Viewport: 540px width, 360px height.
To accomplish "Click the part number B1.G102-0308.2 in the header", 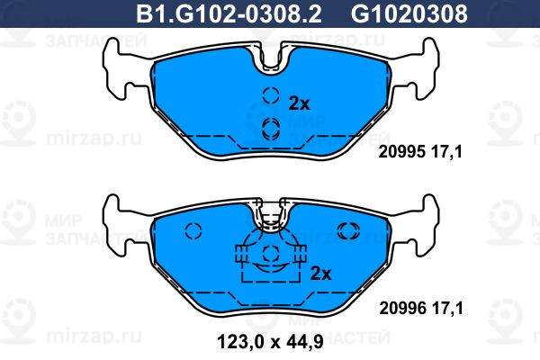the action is pos(229,13).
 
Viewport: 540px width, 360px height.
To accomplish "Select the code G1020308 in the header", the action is pos(409,13).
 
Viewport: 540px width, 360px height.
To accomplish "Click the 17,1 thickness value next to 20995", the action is pos(446,151).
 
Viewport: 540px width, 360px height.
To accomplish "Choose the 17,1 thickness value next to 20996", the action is pos(447,309).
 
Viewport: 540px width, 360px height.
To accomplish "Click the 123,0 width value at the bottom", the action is pos(239,342).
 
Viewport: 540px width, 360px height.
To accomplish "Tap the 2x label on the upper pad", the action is pos(300,103).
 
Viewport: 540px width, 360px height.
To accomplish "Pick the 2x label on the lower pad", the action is pos(320,274).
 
